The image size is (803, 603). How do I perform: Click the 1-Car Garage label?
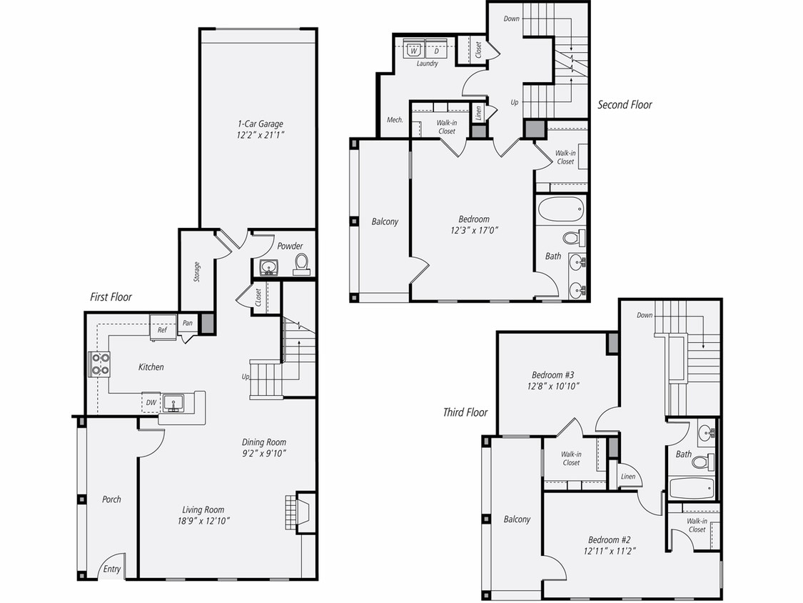260,124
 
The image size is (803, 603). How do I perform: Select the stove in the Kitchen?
99,364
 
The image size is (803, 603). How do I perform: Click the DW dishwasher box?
151,403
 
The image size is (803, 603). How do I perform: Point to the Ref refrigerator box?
162,330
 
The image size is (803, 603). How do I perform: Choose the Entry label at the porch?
112,569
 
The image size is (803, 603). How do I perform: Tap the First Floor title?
111,296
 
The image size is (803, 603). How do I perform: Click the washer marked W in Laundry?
413,51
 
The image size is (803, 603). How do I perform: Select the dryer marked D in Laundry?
435,51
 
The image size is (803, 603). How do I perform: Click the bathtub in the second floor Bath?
560,210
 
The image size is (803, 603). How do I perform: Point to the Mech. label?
395,120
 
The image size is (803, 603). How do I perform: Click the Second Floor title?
625,105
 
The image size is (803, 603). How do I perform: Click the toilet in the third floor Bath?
701,462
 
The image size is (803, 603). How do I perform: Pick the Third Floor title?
465,412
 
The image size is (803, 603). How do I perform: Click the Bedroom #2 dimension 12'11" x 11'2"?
609,551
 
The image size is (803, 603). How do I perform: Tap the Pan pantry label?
187,323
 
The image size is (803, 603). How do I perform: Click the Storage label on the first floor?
196,271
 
